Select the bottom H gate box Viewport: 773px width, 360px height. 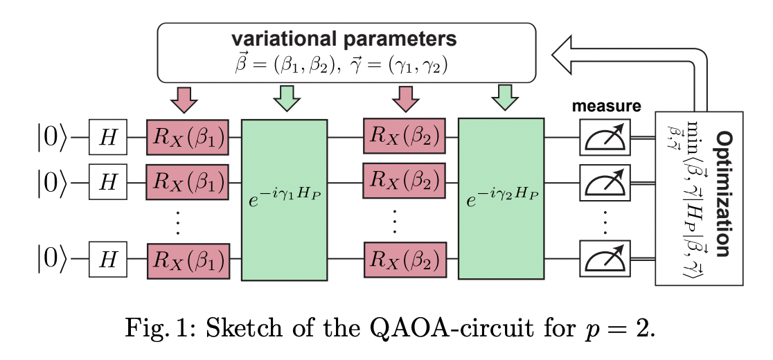click(107, 260)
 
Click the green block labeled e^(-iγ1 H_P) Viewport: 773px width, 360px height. click(284, 199)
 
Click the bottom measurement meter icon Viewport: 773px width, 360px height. click(605, 260)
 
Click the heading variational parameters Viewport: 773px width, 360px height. click(347, 38)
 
